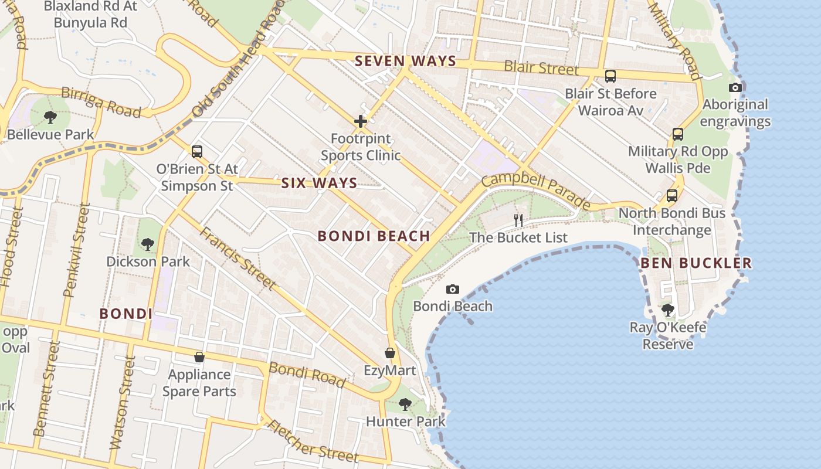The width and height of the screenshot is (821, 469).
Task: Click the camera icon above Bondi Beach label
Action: [452, 289]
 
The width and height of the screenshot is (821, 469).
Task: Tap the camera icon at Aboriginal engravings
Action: [735, 87]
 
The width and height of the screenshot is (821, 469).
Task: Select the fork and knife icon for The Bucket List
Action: [518, 220]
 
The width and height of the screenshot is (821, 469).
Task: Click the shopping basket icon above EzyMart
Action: [389, 353]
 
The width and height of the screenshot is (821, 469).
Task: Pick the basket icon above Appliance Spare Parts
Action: [199, 356]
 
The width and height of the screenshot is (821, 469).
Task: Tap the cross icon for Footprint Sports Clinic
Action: [361, 121]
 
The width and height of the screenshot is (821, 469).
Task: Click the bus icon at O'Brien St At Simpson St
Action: [197, 151]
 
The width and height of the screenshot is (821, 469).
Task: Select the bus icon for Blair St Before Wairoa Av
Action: [610, 76]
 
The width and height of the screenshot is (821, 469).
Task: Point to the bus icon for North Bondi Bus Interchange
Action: [672, 196]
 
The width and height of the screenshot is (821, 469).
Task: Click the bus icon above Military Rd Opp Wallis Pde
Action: [678, 134]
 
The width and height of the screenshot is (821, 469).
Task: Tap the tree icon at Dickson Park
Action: [148, 243]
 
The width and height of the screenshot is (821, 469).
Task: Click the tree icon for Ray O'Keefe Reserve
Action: [667, 310]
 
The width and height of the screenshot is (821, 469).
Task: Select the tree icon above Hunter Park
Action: [405, 404]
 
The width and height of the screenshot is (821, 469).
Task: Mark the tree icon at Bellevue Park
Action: [50, 117]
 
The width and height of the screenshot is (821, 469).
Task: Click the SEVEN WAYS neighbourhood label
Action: [405, 61]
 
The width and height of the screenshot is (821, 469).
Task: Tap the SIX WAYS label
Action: [319, 183]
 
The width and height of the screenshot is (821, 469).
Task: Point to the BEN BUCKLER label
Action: [696, 263]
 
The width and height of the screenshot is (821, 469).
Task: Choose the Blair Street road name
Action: [541, 67]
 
